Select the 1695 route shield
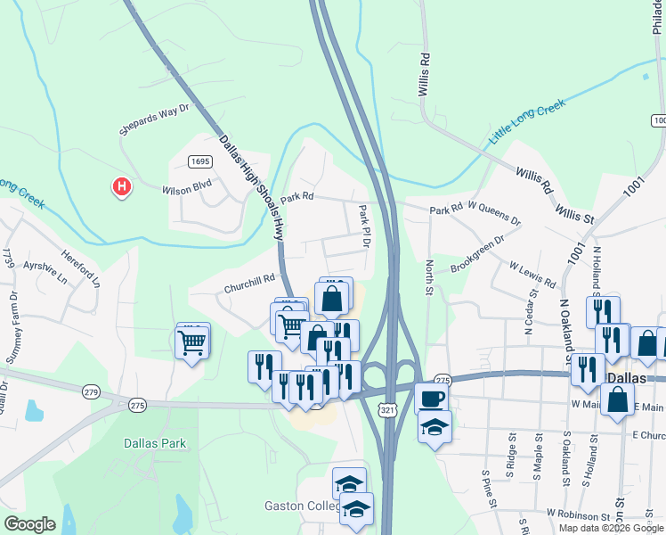[x=199, y=160]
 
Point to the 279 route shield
[x=91, y=391]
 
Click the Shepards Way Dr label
[x=155, y=119]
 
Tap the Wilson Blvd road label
[x=186, y=189]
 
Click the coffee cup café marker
[x=432, y=397]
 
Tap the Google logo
[x=30, y=523]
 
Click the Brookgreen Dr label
[x=477, y=254]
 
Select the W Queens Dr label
[x=494, y=214]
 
